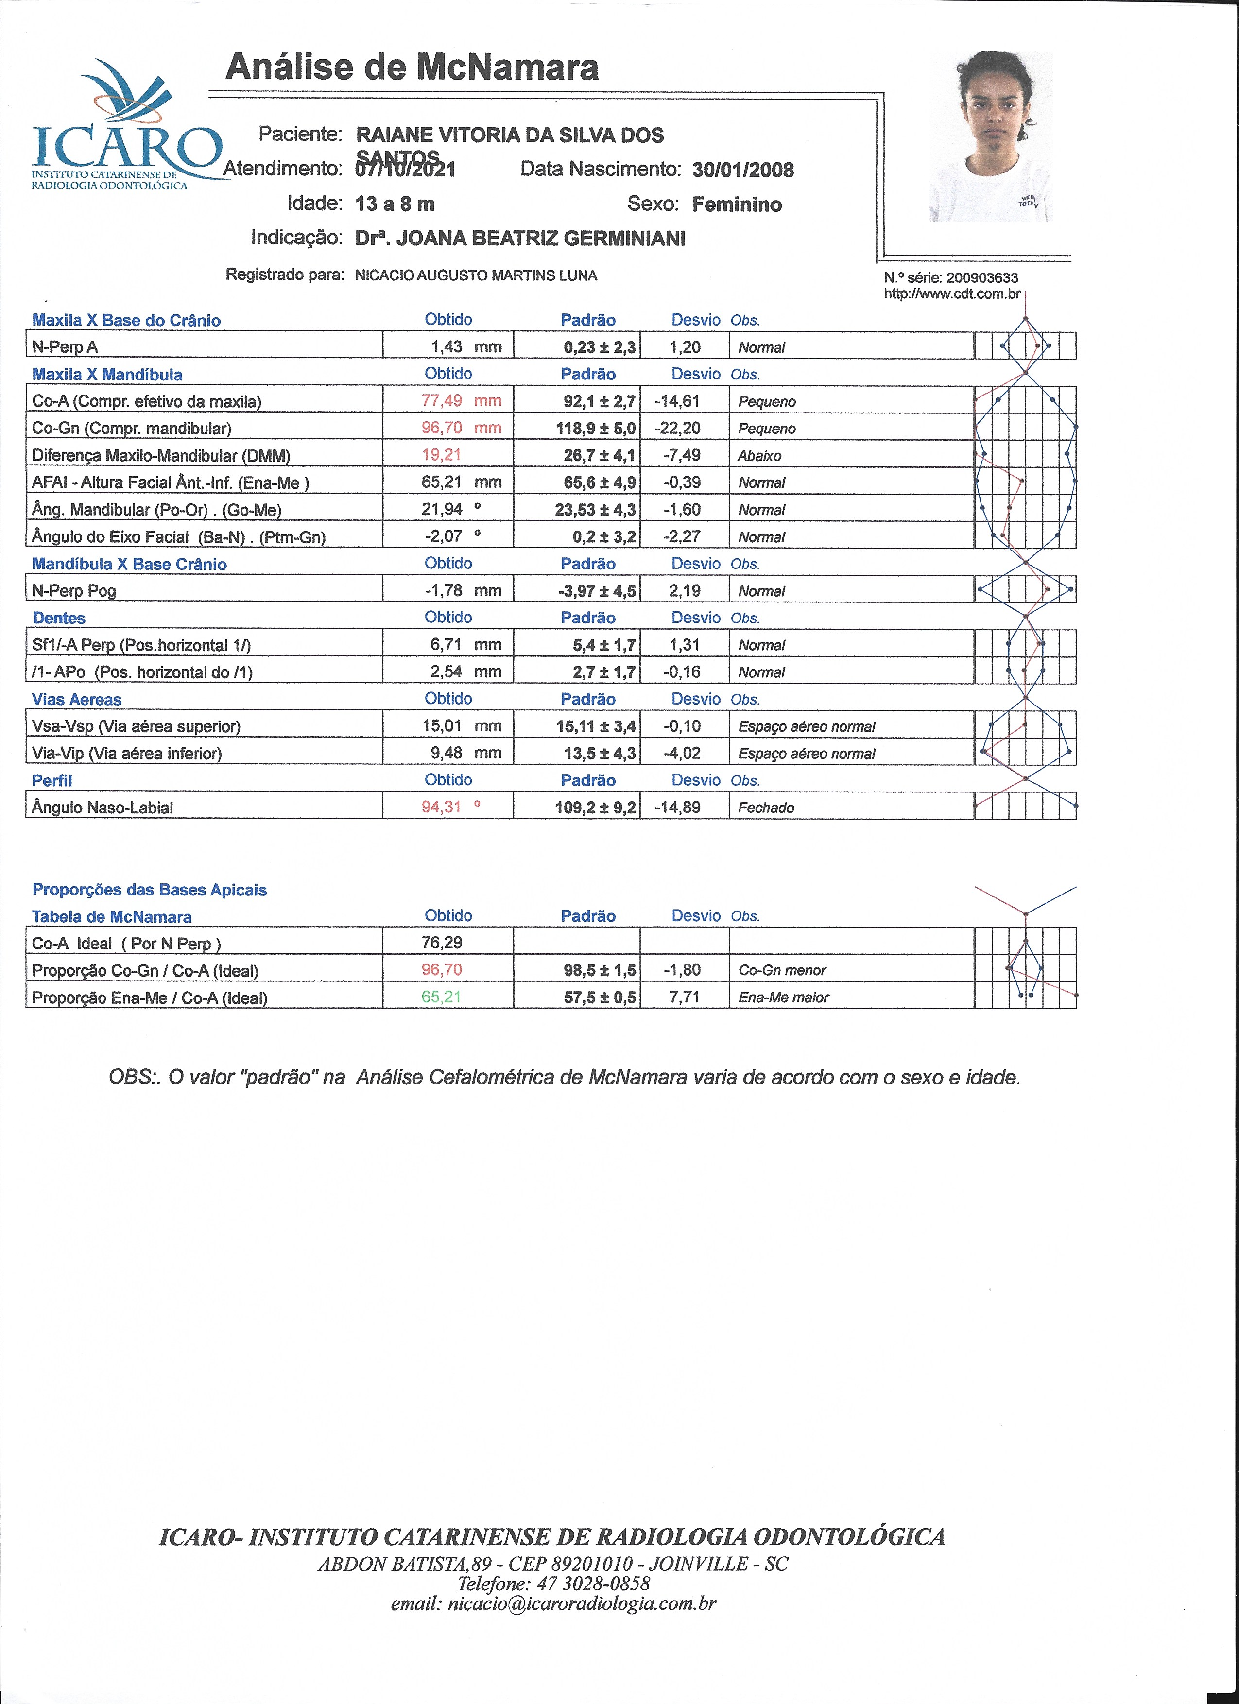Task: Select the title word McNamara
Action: (x=507, y=67)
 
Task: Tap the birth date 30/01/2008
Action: (x=742, y=170)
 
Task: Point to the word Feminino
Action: (x=736, y=205)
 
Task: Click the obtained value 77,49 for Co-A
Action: (x=442, y=400)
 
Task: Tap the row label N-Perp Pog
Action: (x=74, y=590)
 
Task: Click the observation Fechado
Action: (x=766, y=808)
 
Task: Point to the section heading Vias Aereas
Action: (x=77, y=700)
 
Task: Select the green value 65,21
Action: (x=441, y=997)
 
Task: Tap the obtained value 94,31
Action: (x=441, y=807)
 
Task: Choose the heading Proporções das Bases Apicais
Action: (x=150, y=890)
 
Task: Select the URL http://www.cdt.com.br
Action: (x=951, y=294)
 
